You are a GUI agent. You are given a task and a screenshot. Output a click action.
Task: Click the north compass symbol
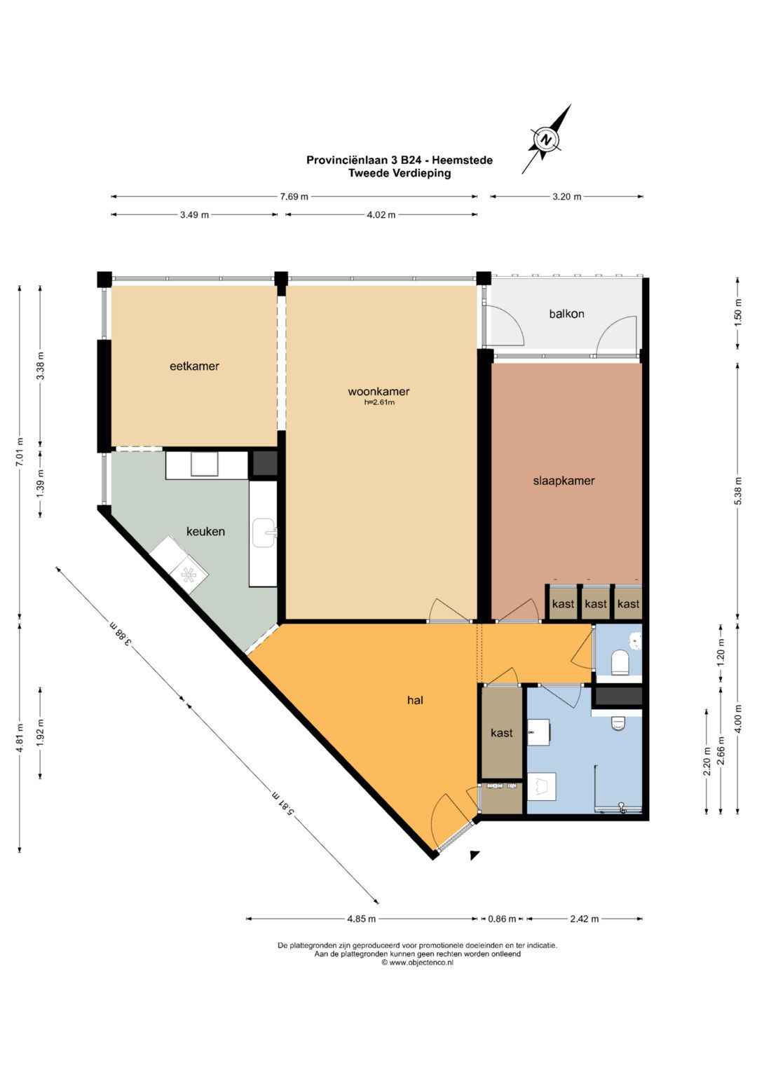(546, 139)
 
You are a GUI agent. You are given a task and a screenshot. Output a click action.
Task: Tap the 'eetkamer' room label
(195, 366)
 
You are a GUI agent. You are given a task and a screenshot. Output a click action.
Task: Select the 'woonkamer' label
(378, 392)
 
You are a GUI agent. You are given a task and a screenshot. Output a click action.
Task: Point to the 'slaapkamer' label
(564, 481)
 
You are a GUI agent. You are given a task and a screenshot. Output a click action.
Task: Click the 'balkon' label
(567, 314)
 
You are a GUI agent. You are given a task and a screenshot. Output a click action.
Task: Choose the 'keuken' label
(205, 531)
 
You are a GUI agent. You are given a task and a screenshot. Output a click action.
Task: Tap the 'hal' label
(415, 700)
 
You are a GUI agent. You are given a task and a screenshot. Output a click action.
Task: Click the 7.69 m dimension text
(294, 196)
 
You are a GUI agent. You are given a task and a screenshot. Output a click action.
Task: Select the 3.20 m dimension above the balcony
(567, 196)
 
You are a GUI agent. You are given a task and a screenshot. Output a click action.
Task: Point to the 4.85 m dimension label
(361, 919)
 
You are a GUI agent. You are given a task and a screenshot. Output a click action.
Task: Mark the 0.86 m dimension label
(502, 919)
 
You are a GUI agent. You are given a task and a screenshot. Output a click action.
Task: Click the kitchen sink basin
(264, 533)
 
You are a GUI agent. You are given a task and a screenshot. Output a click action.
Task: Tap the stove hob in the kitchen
(190, 575)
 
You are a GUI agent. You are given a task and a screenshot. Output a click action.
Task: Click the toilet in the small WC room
(620, 662)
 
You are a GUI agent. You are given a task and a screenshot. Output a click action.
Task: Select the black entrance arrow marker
(475, 855)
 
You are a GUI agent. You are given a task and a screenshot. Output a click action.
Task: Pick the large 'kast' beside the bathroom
(502, 733)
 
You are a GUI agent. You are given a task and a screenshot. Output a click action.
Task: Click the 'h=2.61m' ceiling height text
(379, 402)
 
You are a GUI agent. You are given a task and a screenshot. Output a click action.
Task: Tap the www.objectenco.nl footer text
(417, 963)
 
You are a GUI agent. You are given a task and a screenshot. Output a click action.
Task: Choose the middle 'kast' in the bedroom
(596, 603)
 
